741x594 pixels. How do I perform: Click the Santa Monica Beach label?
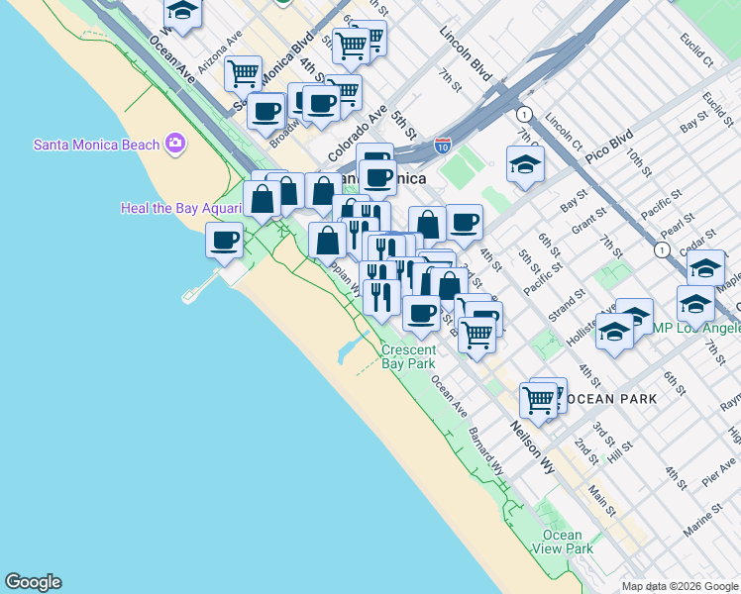[96, 145]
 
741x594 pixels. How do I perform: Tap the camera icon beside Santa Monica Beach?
[176, 145]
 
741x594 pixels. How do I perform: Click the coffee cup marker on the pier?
[225, 240]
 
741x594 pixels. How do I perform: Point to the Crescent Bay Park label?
[408, 356]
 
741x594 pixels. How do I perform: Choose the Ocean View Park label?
[562, 542]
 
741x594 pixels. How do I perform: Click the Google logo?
[33, 582]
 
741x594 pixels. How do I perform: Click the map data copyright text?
[681, 586]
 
